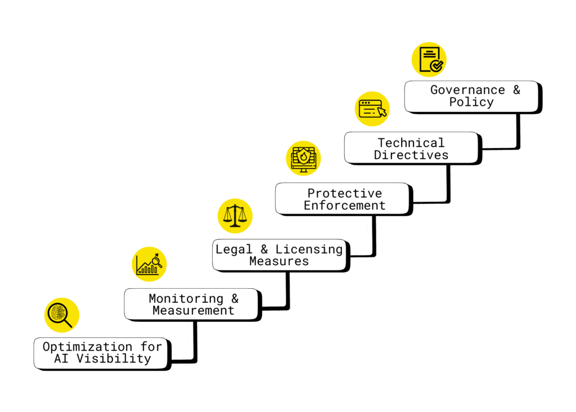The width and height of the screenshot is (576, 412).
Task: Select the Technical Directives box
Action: coord(411,148)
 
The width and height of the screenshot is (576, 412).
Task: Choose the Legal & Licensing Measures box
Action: coord(279,255)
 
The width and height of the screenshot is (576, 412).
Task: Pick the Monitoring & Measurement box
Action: coord(192,304)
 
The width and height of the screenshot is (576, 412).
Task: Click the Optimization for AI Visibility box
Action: coord(101,353)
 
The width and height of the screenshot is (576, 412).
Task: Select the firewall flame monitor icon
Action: coord(303,158)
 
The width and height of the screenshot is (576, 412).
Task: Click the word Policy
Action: coord(471,102)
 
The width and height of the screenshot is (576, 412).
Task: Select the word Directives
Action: coord(411,155)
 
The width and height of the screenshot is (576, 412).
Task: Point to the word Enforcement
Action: coord(345,205)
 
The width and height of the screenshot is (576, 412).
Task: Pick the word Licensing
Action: coord(309,249)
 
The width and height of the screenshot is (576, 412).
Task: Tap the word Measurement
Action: coord(193,311)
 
